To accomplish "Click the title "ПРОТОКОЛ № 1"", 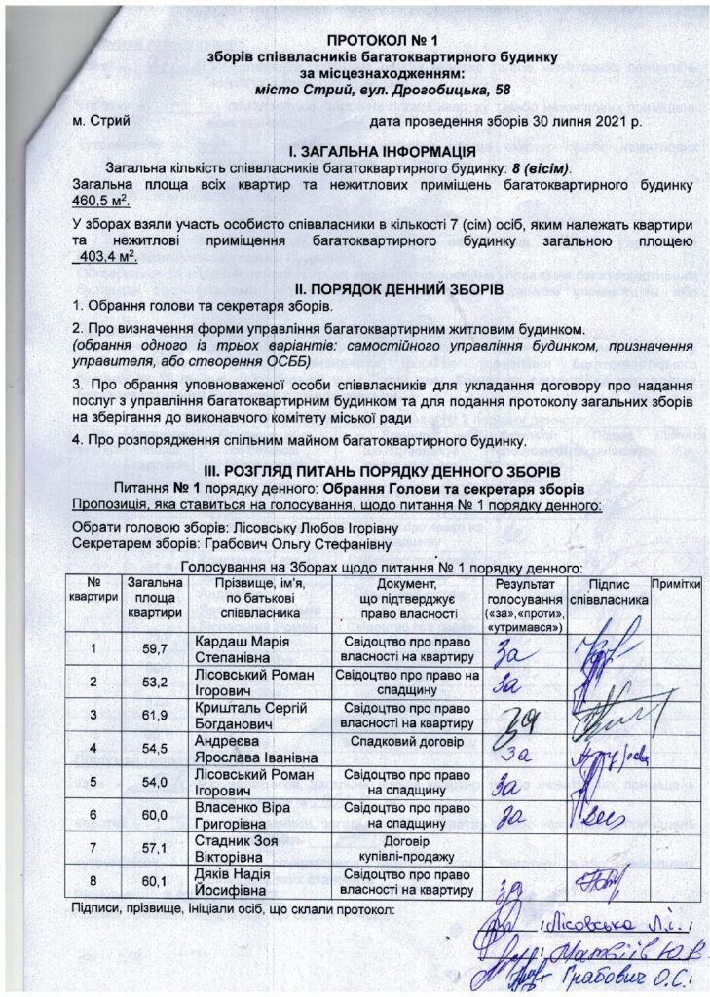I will coord(369,42).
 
